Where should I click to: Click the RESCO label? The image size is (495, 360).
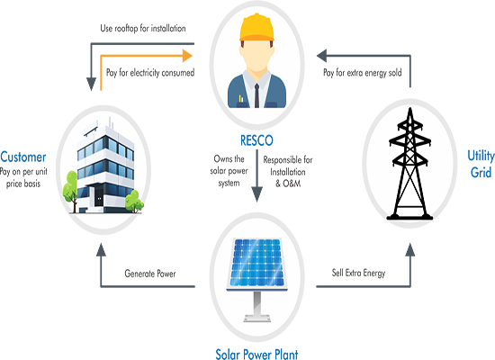click(256, 140)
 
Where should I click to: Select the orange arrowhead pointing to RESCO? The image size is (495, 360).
click(187, 56)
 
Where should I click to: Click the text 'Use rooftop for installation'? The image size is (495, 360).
click(143, 29)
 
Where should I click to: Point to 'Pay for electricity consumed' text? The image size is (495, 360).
click(150, 73)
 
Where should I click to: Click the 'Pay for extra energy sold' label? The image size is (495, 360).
click(363, 73)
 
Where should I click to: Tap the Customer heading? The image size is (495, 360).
click(23, 157)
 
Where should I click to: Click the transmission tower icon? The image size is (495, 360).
click(409, 164)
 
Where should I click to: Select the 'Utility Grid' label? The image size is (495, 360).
click(481, 164)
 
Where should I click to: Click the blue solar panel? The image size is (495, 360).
click(257, 263)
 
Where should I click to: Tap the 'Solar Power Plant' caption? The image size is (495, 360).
click(256, 354)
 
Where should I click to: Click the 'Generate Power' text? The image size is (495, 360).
click(150, 274)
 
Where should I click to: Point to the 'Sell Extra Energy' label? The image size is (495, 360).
click(358, 273)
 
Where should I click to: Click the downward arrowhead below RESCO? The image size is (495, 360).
click(256, 194)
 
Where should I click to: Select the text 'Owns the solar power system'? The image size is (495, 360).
click(229, 171)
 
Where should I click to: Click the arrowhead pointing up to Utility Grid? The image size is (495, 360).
click(410, 250)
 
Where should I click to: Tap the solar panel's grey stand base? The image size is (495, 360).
click(257, 318)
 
